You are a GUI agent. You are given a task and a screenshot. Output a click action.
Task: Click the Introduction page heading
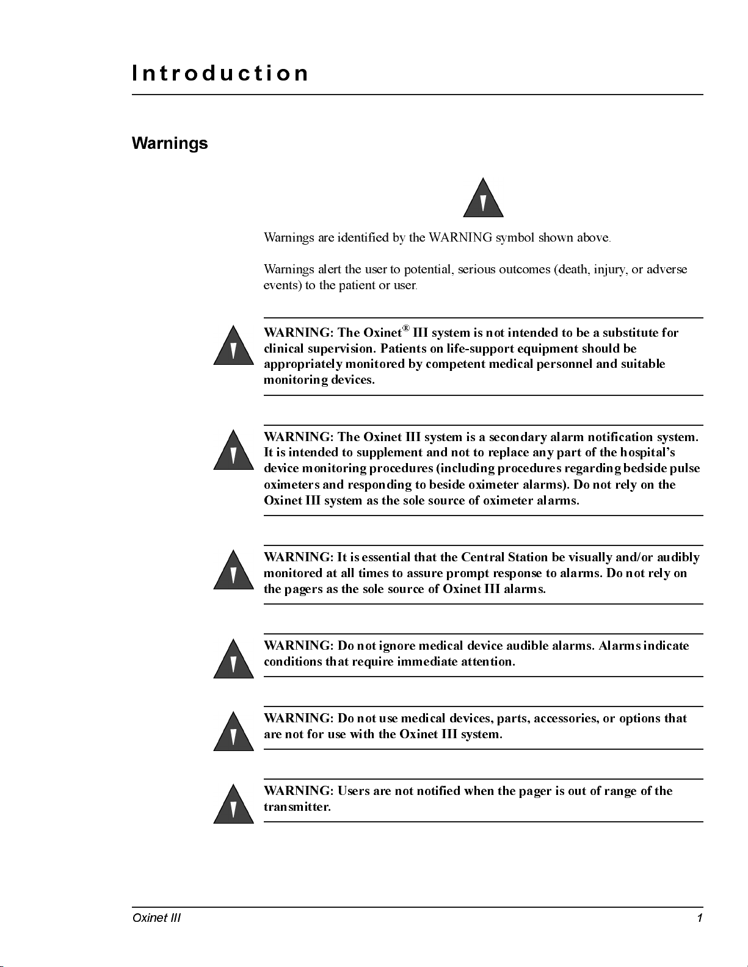[220, 73]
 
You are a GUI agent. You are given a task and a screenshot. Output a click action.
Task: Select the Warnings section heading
[170, 143]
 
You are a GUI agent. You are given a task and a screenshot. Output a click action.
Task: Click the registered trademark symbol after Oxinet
[406, 329]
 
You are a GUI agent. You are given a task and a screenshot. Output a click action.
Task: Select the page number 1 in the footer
[700, 918]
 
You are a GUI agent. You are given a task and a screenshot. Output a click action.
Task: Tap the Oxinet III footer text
[156, 918]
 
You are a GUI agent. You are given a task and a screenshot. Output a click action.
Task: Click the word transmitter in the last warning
[297, 807]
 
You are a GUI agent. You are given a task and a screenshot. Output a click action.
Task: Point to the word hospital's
[647, 453]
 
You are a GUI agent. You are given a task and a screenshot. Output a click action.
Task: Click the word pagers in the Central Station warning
[303, 589]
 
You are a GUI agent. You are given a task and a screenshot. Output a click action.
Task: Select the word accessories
[566, 719]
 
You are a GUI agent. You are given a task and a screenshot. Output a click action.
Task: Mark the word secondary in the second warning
[518, 437]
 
